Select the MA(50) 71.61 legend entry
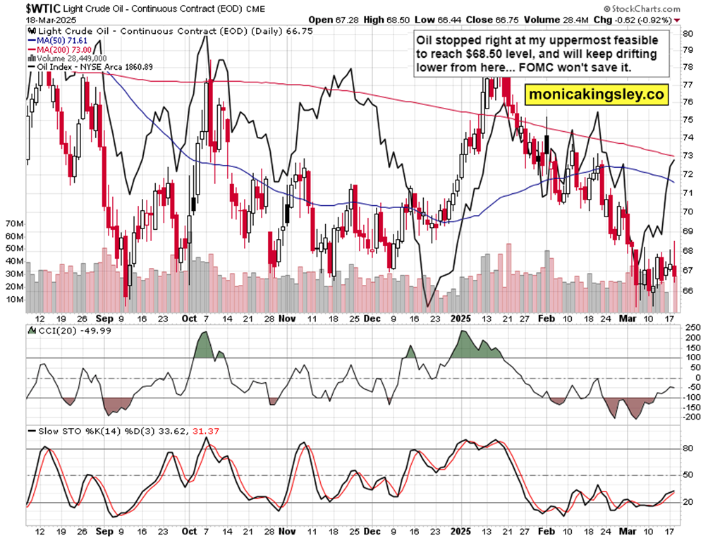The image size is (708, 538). point(56,41)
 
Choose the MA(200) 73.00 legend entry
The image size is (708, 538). point(59,49)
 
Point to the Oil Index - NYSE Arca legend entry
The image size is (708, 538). point(95,66)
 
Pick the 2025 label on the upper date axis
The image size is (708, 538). point(460,318)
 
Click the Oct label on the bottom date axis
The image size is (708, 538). point(189,531)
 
